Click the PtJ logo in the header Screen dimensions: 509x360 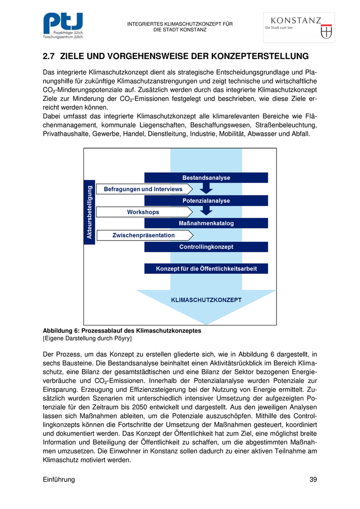click(x=63, y=26)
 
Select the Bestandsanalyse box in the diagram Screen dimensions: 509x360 click(x=206, y=178)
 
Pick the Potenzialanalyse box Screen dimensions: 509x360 click(x=206, y=201)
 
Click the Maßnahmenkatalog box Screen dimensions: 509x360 click(x=206, y=223)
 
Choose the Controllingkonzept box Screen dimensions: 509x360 click(x=206, y=247)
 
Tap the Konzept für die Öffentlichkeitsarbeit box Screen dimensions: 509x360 click(x=206, y=268)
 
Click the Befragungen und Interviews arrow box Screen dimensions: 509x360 click(x=143, y=189)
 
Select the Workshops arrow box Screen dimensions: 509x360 click(x=143, y=212)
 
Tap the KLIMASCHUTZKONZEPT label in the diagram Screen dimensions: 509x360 click(x=206, y=299)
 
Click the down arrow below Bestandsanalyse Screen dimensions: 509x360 click(x=206, y=188)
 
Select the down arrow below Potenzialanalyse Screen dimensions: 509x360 click(x=206, y=211)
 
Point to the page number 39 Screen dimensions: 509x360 click(x=313, y=480)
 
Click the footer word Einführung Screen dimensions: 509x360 click(x=59, y=480)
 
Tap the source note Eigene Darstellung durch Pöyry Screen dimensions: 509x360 click(x=87, y=339)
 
